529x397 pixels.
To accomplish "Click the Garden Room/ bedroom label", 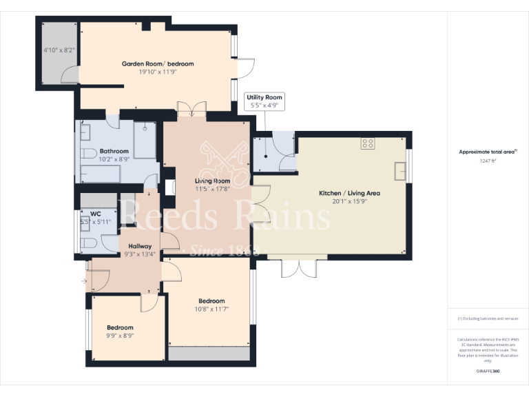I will pos(158,63).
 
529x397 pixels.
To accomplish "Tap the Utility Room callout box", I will pos(264,102).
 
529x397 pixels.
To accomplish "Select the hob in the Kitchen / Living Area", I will pos(368,144).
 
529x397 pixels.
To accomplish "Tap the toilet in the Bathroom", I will pos(87,152).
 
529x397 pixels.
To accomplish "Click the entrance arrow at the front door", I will pos(83,281).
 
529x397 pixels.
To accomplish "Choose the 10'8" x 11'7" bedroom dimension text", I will pos(211,309).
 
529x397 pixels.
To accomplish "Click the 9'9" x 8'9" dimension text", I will pos(120,336).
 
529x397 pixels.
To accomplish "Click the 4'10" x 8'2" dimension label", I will pos(59,50).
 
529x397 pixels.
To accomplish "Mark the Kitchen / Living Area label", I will pos(349,193).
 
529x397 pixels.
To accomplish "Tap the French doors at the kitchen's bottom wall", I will pos(298,267).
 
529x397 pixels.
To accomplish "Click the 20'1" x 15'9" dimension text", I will pos(349,202).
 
